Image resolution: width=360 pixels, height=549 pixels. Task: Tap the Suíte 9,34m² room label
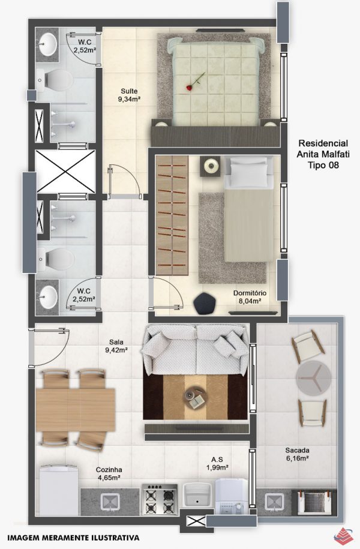click(129, 95)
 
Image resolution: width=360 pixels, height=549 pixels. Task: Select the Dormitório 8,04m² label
click(250, 296)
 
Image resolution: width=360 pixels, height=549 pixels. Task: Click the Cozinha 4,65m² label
click(109, 473)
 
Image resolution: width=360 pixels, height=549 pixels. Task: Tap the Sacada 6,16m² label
click(297, 454)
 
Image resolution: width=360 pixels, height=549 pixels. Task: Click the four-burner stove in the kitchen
click(160, 499)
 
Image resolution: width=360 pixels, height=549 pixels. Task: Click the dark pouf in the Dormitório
click(205, 304)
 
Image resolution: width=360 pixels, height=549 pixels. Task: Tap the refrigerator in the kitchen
click(58, 490)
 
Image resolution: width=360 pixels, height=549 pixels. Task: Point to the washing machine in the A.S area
click(232, 498)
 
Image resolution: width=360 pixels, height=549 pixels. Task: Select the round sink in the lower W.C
click(47, 297)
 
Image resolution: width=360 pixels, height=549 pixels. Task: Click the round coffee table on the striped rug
click(196, 397)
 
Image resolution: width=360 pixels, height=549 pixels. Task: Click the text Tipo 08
click(323, 165)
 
